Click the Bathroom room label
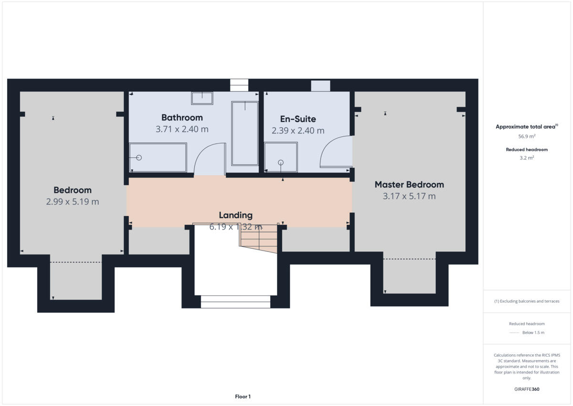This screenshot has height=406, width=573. tap(182, 118)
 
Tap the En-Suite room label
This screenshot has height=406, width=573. tap(298, 119)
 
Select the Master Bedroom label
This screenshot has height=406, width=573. tap(409, 185)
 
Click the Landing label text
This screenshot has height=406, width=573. tap(235, 215)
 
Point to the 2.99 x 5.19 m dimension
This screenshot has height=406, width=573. tap(73, 202)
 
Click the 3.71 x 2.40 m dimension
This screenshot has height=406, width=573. tap(182, 129)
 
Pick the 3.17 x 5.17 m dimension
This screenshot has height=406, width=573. tap(409, 196)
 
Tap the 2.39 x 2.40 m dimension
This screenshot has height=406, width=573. tap(298, 131)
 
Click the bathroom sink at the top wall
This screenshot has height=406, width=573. tap(202, 99)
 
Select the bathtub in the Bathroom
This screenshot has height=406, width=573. tap(244, 133)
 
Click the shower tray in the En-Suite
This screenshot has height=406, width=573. tap(281, 157)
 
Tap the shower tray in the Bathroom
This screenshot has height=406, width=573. tap(158, 157)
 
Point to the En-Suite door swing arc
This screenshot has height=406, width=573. tap(335, 152)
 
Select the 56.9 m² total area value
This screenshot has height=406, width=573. tap(527, 136)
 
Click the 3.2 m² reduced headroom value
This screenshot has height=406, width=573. tap(527, 158)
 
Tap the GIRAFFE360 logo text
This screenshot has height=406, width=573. tap(527, 389)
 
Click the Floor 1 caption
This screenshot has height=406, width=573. tap(243, 396)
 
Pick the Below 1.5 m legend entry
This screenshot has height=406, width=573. tap(533, 333)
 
